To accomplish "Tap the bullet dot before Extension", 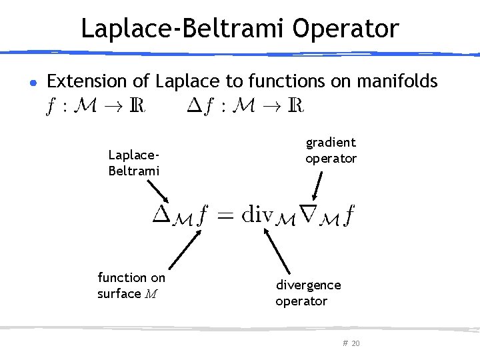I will click(33, 83).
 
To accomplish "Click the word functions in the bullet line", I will click(278, 81).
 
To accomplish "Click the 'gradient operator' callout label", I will click(331, 150).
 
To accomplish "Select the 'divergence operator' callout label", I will click(308, 293).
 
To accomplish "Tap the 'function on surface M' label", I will click(131, 285).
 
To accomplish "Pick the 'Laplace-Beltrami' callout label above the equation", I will click(134, 162).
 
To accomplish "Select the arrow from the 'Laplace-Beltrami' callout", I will click(157, 191).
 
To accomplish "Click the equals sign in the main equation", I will click(229, 215).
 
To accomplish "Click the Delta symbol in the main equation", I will click(162, 215).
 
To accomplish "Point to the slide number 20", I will click(355, 343).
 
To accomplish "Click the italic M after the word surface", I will click(151, 294).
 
